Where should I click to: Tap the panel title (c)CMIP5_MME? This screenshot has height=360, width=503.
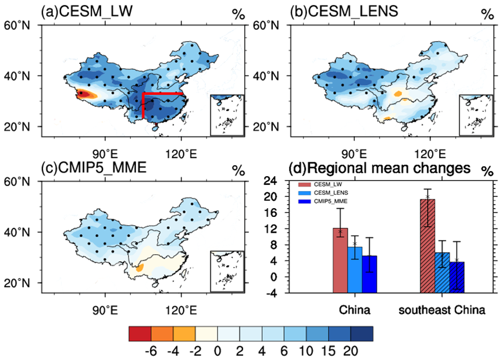[x=93, y=169]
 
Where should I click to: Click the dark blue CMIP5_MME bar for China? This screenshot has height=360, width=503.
[x=370, y=273]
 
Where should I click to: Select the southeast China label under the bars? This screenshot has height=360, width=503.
[x=442, y=310]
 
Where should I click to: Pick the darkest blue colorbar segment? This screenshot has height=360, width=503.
[x=362, y=333]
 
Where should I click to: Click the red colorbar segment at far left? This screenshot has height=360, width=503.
[x=140, y=333]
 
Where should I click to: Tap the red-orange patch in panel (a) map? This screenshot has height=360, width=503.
[x=83, y=93]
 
